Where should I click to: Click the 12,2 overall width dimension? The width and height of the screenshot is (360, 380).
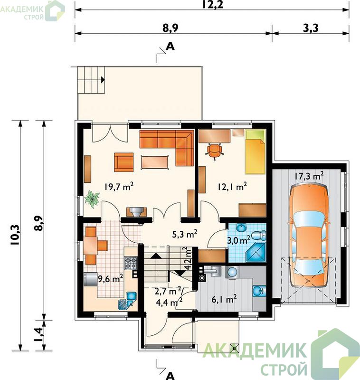(x=212, y=4)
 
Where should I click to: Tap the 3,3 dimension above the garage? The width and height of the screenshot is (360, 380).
(x=311, y=28)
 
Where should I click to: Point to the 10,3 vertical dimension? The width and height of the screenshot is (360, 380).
(x=16, y=235)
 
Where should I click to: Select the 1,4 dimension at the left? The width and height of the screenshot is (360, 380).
(x=39, y=335)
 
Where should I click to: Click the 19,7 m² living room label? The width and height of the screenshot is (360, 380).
(x=119, y=187)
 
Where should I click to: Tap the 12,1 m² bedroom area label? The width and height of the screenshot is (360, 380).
(x=232, y=187)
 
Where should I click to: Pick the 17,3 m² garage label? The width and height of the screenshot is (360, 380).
(x=309, y=176)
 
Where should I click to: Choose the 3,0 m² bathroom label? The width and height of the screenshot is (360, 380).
(x=238, y=240)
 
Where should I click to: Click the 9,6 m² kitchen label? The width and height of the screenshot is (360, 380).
(x=110, y=279)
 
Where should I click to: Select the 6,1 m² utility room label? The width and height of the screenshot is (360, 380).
(x=224, y=300)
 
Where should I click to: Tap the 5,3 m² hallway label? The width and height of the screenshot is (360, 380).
(x=185, y=234)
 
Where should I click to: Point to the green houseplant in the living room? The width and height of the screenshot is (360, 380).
(x=92, y=199)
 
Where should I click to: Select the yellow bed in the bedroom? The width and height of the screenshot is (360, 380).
(x=255, y=152)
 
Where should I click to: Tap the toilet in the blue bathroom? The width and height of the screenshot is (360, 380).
(x=259, y=236)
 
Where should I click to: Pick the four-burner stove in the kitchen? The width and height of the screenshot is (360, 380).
(x=131, y=263)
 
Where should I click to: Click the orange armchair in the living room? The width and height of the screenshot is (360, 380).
(x=124, y=162)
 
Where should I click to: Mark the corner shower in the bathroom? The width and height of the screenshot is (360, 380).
(x=256, y=253)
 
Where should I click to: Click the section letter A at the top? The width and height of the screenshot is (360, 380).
(x=171, y=46)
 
